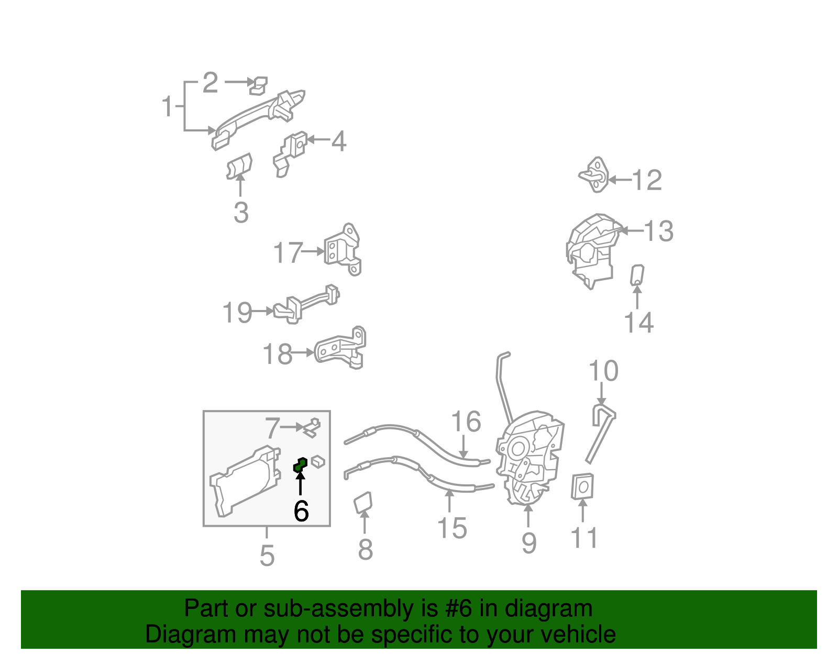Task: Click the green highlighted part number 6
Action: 300,464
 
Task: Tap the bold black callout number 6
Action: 301,511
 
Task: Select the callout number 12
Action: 647,181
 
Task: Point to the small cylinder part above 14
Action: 637,275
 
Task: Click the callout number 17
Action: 288,253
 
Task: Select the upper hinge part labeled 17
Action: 344,250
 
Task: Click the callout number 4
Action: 339,141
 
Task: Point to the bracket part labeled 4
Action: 290,152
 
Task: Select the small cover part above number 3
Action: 239,167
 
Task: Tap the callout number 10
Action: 603,371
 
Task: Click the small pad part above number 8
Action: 363,503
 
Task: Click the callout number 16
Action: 466,422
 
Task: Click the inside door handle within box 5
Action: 244,481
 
